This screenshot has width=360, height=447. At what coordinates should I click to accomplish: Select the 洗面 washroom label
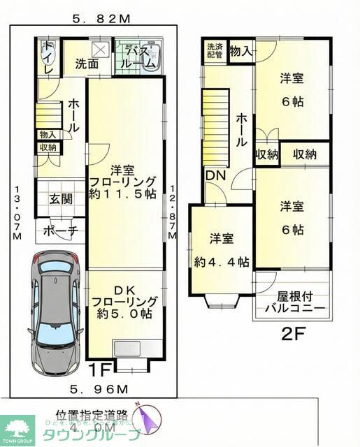pos(87,64)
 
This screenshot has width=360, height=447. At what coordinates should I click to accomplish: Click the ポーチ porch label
pos(60,231)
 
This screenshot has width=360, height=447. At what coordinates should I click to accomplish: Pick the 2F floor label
pos(294,335)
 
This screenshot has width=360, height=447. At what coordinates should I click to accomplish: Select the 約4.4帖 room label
pos(222,251)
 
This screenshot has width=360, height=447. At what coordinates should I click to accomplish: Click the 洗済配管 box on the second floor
pos(215,52)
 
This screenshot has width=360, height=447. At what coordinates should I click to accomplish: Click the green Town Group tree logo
pos(17,426)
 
